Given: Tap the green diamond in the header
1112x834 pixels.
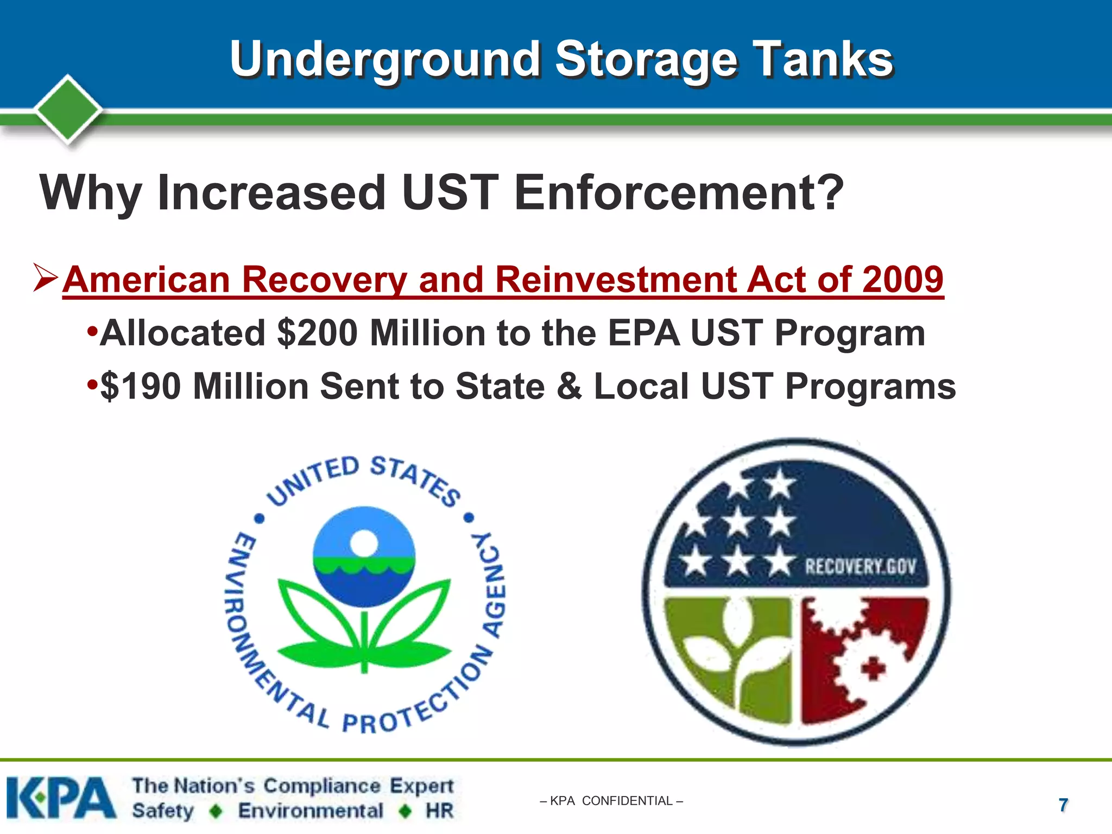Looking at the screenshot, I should point(68,109).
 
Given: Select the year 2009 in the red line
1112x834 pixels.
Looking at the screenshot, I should point(902,279).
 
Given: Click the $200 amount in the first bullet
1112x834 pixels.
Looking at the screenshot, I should point(317,333).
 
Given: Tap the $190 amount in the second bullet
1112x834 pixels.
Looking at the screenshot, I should point(141,386).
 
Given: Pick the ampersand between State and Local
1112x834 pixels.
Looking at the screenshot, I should point(569,386).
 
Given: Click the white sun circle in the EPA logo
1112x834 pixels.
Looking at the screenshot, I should point(364,542).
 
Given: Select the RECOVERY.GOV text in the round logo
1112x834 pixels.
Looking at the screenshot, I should point(860,567).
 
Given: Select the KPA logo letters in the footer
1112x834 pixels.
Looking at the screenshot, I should point(61,798).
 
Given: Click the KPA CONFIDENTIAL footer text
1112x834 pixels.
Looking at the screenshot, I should point(611,801).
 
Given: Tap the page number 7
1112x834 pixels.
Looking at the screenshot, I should point(1063,805).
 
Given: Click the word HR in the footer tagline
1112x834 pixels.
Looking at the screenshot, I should point(439,811).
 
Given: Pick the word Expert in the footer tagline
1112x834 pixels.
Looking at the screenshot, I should point(421,785).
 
